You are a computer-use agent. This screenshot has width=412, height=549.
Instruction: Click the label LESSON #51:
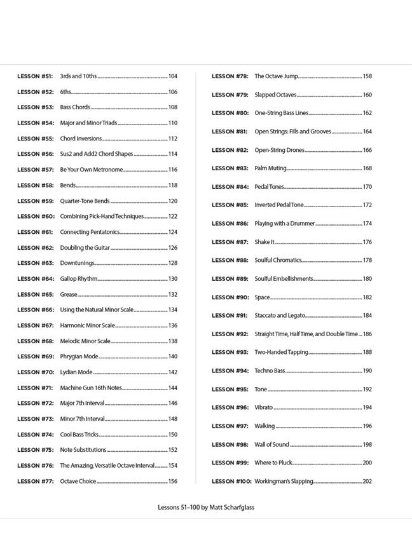pyautogui.click(x=35, y=76)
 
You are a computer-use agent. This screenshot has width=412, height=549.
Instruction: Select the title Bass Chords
pyautogui.click(x=75, y=107)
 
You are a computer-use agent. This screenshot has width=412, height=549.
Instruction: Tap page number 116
pyautogui.click(x=173, y=170)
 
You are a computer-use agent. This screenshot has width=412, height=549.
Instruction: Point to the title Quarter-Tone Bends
pyautogui.click(x=85, y=201)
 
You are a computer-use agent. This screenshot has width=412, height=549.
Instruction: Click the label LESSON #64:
pyautogui.click(x=35, y=279)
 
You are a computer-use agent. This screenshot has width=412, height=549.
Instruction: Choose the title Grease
pyautogui.click(x=69, y=294)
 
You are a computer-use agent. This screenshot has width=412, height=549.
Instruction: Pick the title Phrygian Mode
pyautogui.click(x=79, y=356)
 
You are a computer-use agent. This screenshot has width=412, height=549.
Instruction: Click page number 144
pyautogui.click(x=173, y=388)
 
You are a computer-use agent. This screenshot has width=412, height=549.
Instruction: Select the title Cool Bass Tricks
pyautogui.click(x=79, y=435)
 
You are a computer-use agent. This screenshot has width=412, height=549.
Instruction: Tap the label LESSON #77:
pyautogui.click(x=35, y=481)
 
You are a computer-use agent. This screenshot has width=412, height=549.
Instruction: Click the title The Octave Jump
pyautogui.click(x=276, y=76)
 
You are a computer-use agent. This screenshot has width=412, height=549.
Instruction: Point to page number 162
pyautogui.click(x=367, y=113)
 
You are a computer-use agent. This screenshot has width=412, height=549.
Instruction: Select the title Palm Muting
pyautogui.click(x=270, y=168)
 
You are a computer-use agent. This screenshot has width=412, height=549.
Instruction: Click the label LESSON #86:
pyautogui.click(x=230, y=224)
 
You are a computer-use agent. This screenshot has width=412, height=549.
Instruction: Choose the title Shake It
pyautogui.click(x=264, y=242)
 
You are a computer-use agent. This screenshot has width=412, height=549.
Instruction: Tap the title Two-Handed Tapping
pyautogui.click(x=281, y=352)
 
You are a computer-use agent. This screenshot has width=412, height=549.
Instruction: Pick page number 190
pyautogui.click(x=367, y=370)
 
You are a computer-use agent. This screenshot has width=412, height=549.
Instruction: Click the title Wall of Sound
pyautogui.click(x=271, y=444)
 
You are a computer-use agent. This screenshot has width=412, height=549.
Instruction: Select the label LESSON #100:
pyautogui.click(x=231, y=481)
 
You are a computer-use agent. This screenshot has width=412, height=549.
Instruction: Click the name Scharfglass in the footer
pyautogui.click(x=237, y=508)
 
